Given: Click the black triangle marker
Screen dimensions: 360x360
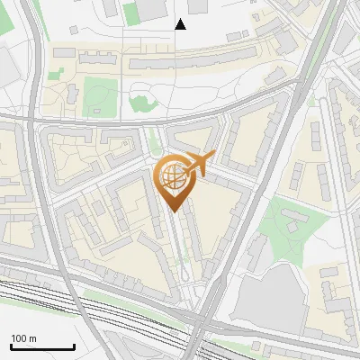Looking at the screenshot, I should point(181,24).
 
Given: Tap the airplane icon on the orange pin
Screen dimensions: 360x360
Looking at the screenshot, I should point(197,163).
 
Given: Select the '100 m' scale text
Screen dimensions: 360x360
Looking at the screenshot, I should point(24,338).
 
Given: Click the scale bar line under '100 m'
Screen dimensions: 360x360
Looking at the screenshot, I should point(42,347).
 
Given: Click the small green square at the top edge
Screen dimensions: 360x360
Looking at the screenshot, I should point(132,13).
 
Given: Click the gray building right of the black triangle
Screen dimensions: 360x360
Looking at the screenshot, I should point(238,37).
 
